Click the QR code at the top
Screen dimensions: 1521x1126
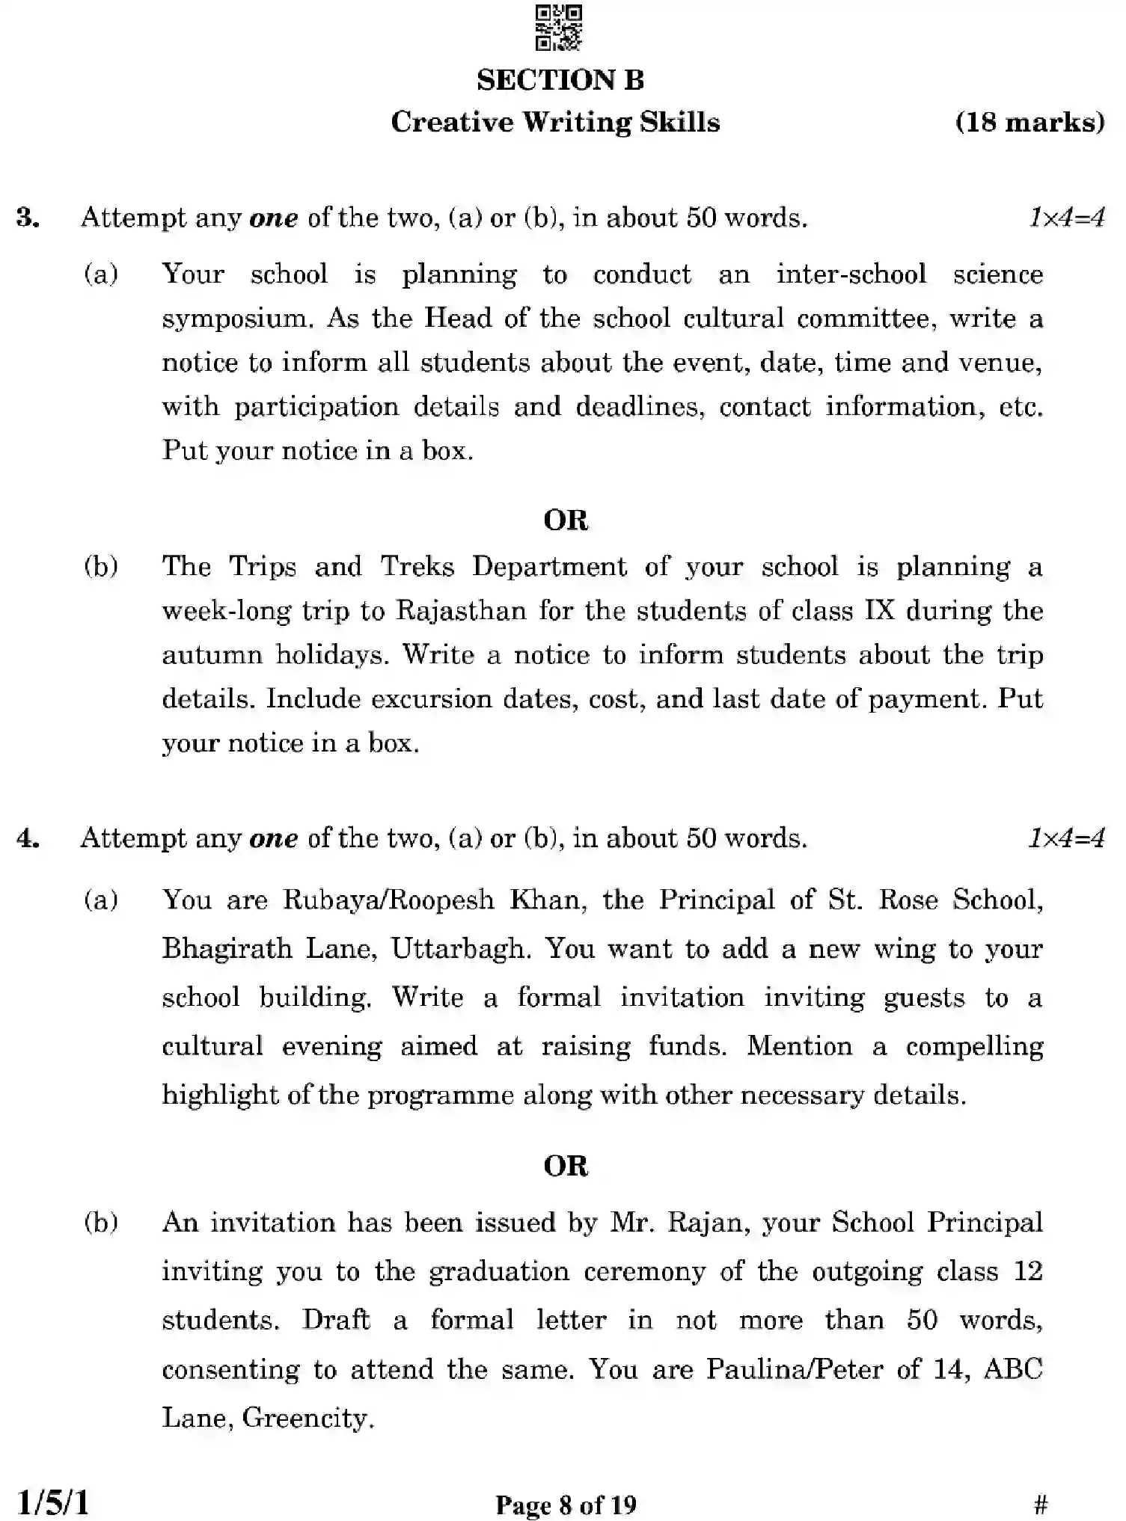click(x=559, y=28)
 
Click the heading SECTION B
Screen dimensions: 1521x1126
click(x=560, y=81)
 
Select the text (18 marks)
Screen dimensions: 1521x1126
click(x=1029, y=123)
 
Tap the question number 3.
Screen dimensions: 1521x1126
click(x=28, y=218)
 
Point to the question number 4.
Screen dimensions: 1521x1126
click(x=28, y=839)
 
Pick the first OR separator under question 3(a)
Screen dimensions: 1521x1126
click(x=566, y=520)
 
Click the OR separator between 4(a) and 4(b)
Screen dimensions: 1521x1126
click(x=566, y=1166)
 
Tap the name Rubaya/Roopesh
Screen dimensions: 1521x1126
click(x=388, y=900)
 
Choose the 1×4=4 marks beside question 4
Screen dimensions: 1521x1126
click(x=1065, y=839)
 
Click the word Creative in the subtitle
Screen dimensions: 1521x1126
click(x=450, y=123)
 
